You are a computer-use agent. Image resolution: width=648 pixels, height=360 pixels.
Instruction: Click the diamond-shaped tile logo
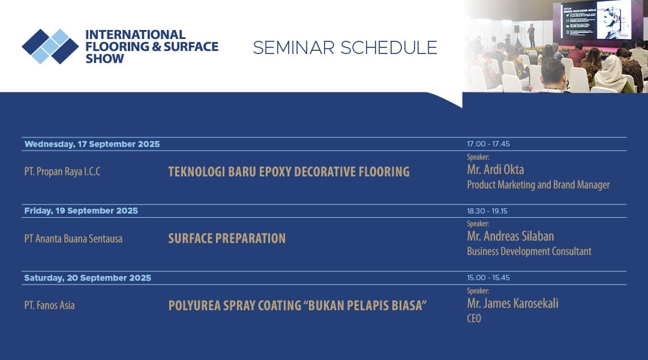point(50,46)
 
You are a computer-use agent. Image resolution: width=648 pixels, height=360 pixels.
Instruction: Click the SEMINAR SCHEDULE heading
point(345,47)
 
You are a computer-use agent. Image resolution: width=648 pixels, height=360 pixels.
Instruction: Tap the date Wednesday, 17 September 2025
point(92,144)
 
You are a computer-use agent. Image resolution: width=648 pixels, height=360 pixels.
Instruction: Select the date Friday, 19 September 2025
point(81,211)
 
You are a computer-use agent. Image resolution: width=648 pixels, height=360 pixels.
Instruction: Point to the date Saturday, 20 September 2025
point(88,278)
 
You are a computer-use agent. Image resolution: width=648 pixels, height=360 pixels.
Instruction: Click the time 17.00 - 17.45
point(488,144)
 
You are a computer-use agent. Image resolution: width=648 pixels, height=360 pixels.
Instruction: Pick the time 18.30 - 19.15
point(487,211)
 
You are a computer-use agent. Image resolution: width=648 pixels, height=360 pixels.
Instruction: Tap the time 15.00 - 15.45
point(488,278)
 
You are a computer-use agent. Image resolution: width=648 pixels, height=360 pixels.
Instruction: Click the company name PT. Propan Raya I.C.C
point(62,172)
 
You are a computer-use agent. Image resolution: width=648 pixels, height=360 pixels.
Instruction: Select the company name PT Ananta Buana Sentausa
point(73,238)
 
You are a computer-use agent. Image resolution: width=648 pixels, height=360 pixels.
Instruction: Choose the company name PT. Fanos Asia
point(50,305)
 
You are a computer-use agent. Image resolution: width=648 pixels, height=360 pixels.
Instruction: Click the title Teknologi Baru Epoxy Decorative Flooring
point(289,172)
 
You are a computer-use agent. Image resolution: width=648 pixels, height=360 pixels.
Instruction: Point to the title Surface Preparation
point(227,238)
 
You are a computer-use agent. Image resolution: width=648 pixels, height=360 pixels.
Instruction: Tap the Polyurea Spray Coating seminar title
point(298,305)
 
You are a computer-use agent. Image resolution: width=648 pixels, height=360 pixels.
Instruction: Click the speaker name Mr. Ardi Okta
point(496,169)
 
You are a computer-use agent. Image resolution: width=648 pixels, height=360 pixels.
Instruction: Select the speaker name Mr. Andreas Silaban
point(511,236)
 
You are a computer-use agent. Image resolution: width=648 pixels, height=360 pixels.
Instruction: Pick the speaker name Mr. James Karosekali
point(512,304)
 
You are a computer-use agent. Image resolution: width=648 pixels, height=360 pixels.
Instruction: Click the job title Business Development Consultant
point(529,251)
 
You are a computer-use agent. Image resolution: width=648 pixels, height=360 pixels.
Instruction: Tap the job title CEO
point(474,318)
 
